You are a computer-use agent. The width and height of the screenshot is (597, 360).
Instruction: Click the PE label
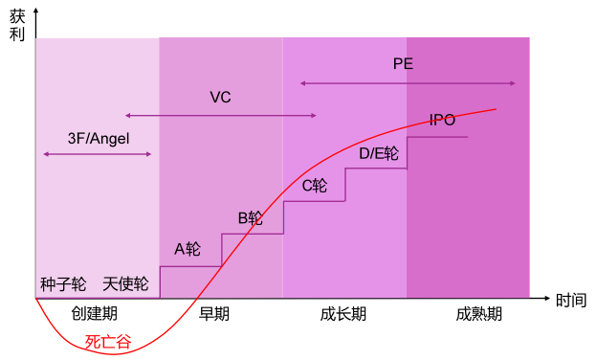pyautogui.click(x=403, y=64)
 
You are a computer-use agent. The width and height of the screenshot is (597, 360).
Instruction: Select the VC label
pyautogui.click(x=220, y=97)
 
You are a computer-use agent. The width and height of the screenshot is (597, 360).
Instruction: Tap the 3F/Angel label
pyautogui.click(x=98, y=138)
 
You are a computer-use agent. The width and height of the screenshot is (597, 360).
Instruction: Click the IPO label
pyautogui.click(x=442, y=120)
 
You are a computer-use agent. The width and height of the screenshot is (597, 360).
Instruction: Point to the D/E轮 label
pyautogui.click(x=379, y=153)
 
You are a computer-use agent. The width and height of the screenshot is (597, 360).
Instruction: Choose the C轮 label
pyautogui.click(x=315, y=186)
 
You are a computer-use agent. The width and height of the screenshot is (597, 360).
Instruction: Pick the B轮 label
pyautogui.click(x=251, y=217)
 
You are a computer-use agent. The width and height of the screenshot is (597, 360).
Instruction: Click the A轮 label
pyautogui.click(x=188, y=249)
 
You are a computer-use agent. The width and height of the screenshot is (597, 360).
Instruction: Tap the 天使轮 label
pyautogui.click(x=125, y=284)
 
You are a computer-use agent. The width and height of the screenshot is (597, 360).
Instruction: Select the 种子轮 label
pyautogui.click(x=63, y=284)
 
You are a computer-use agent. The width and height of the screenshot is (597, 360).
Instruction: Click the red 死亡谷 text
pyautogui.click(x=108, y=341)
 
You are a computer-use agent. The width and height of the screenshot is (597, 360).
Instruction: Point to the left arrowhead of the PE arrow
pyautogui.click(x=301, y=83)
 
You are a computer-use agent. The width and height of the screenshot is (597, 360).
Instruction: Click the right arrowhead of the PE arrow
pyautogui.click(x=514, y=83)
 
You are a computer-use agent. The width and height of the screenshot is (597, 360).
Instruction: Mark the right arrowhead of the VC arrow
pyautogui.click(x=314, y=116)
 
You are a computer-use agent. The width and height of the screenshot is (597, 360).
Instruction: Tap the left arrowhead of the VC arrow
pyautogui.click(x=127, y=116)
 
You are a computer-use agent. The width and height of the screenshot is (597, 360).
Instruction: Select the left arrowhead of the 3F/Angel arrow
pyautogui.click(x=45, y=153)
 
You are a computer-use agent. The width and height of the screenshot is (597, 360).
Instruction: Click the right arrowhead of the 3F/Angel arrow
pyautogui.click(x=151, y=153)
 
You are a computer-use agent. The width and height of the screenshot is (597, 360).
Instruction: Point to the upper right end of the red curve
pyautogui.click(x=496, y=109)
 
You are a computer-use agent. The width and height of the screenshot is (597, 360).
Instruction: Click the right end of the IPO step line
pyautogui.click(x=467, y=137)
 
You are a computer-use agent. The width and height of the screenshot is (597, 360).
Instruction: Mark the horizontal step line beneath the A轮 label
pyautogui.click(x=190, y=266)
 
